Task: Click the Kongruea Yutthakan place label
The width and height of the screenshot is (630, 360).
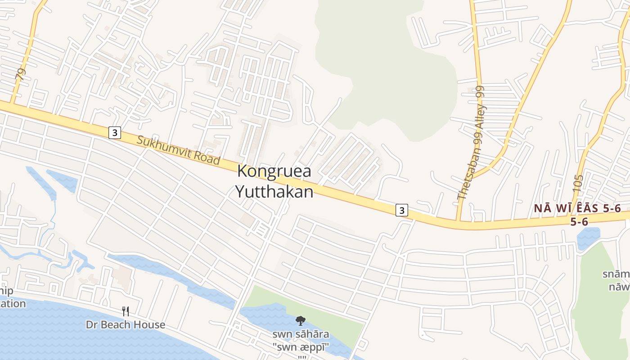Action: pyautogui.click(x=274, y=181)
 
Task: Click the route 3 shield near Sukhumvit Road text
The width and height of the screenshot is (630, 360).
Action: pyautogui.click(x=115, y=133)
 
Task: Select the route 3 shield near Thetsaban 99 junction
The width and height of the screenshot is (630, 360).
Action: pyautogui.click(x=402, y=210)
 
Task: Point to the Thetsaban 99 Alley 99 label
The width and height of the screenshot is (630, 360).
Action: pyautogui.click(x=471, y=143)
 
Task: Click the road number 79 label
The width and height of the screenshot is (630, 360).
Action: pyautogui.click(x=20, y=74)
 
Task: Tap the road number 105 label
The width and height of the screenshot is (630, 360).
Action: pyautogui.click(x=578, y=184)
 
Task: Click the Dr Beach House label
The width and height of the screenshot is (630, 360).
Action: pyautogui.click(x=126, y=324)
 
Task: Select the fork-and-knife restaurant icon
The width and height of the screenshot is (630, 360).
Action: pyautogui.click(x=126, y=311)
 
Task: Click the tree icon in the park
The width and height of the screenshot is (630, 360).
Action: pyautogui.click(x=300, y=321)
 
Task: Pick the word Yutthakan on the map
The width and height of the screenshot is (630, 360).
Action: pyautogui.click(x=274, y=192)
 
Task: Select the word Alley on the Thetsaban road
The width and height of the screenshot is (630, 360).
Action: pyautogui.click(x=478, y=119)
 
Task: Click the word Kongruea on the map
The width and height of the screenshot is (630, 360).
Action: pyautogui.click(x=274, y=171)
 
